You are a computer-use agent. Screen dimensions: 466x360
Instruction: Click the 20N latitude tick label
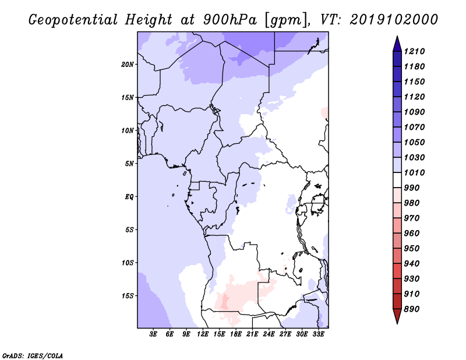(128, 64)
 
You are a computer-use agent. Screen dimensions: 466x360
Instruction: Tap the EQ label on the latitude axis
(129, 197)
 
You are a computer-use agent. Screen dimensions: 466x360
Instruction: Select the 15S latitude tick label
(128, 296)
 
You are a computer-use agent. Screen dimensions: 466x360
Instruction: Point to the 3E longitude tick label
(153, 334)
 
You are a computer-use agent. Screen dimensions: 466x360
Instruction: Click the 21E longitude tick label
(252, 334)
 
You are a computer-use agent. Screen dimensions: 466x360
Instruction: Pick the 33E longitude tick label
(318, 334)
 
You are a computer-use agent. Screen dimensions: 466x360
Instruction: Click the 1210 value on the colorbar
(414, 51)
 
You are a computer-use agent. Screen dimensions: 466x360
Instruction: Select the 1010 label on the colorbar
(414, 172)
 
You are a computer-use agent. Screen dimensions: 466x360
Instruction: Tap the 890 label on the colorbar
(412, 309)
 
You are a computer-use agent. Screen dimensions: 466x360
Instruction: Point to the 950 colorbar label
(412, 249)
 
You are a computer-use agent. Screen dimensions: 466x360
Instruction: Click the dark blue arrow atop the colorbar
(397, 44)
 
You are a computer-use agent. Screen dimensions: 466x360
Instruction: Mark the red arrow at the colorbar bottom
(397, 316)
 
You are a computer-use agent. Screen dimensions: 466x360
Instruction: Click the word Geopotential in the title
(73, 20)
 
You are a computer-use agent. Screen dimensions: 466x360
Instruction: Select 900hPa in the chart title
(230, 20)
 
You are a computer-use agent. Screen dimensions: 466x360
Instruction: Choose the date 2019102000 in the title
(394, 20)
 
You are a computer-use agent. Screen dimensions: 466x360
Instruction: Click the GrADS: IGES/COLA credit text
(33, 356)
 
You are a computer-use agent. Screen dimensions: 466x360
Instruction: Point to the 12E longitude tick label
(203, 334)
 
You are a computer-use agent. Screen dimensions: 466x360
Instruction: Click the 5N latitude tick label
(129, 164)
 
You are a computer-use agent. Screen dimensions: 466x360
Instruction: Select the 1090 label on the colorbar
(414, 112)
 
